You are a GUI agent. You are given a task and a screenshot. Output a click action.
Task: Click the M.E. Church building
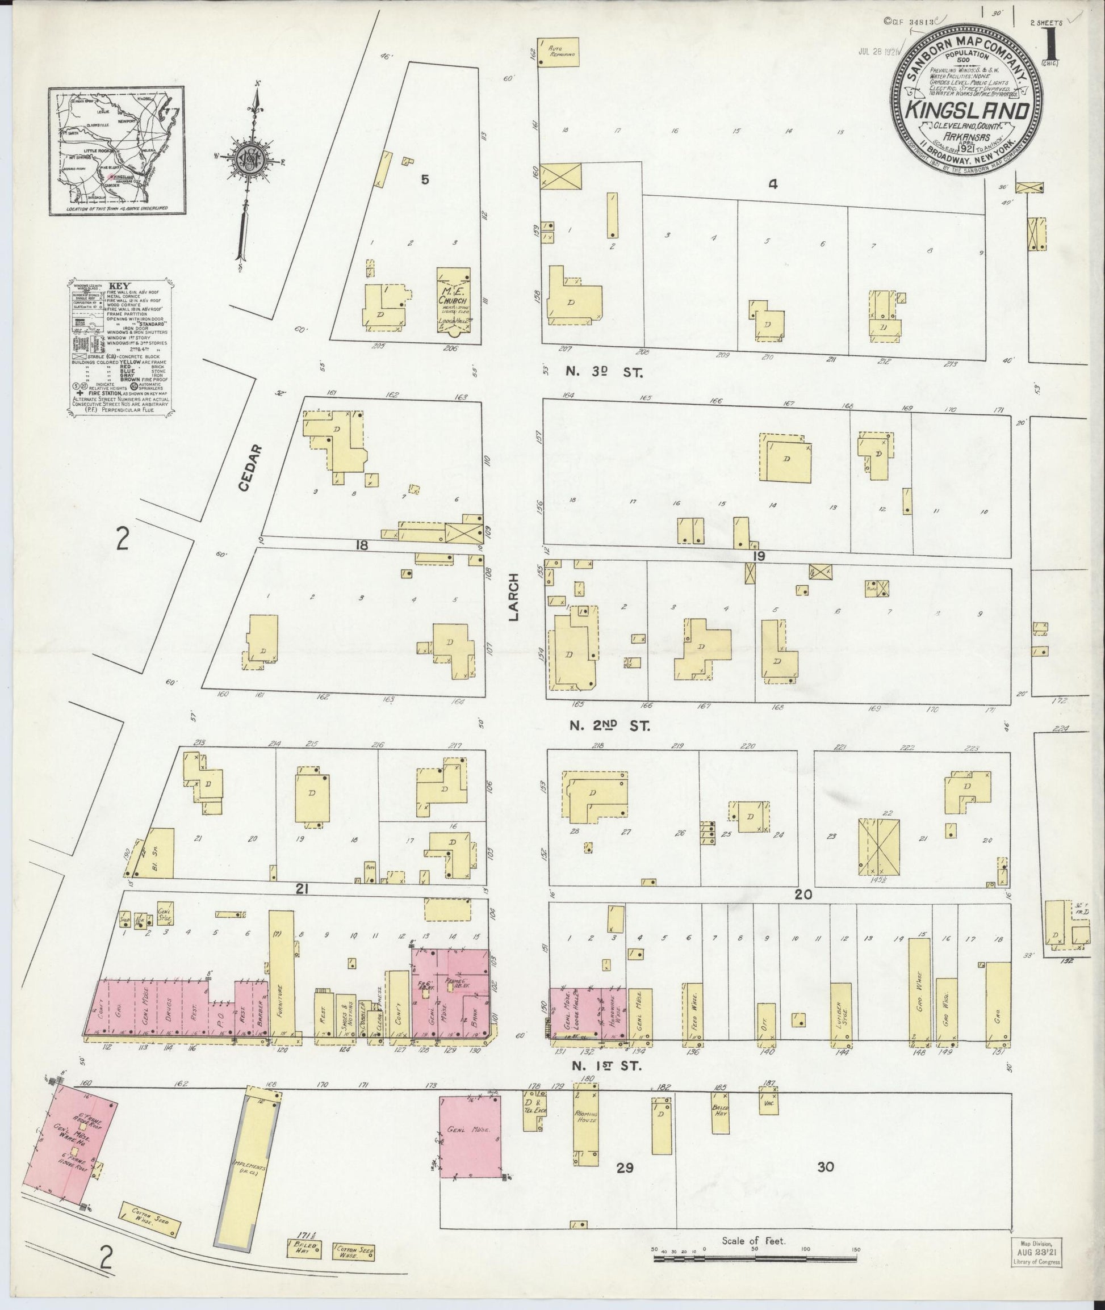[x=454, y=299]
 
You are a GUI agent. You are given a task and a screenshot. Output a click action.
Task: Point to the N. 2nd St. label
[x=609, y=725]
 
